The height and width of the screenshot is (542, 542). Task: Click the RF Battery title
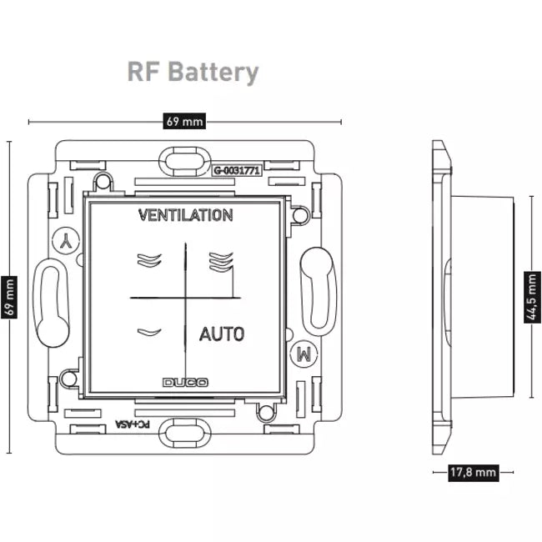point(193,72)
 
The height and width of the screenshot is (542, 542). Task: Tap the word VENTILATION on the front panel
point(185,215)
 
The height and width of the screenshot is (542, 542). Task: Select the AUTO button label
point(222,334)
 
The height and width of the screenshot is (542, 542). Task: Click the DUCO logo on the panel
point(185,383)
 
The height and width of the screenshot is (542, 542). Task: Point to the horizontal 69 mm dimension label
point(184,122)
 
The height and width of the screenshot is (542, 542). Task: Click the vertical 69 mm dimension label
point(11,298)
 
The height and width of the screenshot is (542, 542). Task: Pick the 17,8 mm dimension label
point(473,473)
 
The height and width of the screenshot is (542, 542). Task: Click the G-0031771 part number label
point(238,171)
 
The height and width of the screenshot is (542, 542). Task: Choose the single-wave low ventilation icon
point(148,333)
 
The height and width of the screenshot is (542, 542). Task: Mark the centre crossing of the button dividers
point(184,298)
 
